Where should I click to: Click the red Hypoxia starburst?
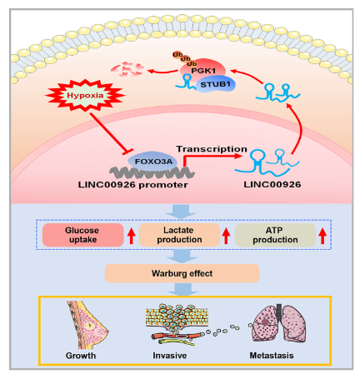point(85,95)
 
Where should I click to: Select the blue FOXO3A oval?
point(153,162)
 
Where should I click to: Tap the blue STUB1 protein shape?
point(216,84)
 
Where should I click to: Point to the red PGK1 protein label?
point(203,71)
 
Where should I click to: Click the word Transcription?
point(212,149)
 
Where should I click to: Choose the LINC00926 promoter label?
point(132,185)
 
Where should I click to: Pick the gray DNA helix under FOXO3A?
point(152,172)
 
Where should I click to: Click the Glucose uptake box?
point(82,235)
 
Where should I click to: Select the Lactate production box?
point(179,235)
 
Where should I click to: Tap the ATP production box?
point(275,235)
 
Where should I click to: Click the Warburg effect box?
point(182,273)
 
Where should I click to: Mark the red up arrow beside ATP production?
point(322,236)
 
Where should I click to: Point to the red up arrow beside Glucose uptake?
point(132,236)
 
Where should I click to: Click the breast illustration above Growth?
point(86,325)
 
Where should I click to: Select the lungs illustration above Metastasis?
point(278,323)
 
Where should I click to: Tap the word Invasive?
point(170,356)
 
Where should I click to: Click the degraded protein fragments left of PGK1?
point(127,69)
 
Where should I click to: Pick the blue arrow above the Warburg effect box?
point(182,256)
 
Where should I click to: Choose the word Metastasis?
point(272,356)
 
